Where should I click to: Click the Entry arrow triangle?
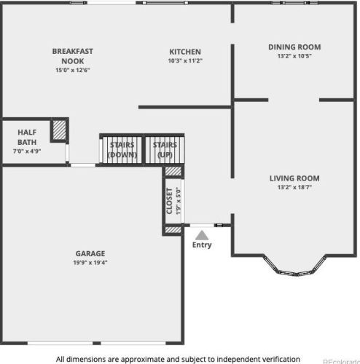click(x=201, y=235)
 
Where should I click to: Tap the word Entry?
click(x=202, y=245)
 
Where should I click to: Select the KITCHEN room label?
click(x=185, y=52)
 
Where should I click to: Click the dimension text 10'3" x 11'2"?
click(x=185, y=60)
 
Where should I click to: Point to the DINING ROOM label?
click(x=294, y=47)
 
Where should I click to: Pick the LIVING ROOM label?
click(x=294, y=178)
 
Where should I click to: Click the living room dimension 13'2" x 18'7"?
click(x=294, y=187)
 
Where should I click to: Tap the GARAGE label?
click(x=90, y=253)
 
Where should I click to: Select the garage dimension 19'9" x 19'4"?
click(x=90, y=263)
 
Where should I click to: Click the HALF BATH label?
click(x=27, y=138)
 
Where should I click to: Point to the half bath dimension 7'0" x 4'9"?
click(x=27, y=151)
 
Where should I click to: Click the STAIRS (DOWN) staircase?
click(x=122, y=150)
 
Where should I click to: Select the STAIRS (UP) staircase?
click(x=165, y=150)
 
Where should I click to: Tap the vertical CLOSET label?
click(x=169, y=201)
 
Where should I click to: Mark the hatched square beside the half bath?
click(x=60, y=130)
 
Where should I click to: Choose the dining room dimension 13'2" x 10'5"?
click(x=294, y=56)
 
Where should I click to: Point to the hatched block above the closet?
click(x=173, y=171)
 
